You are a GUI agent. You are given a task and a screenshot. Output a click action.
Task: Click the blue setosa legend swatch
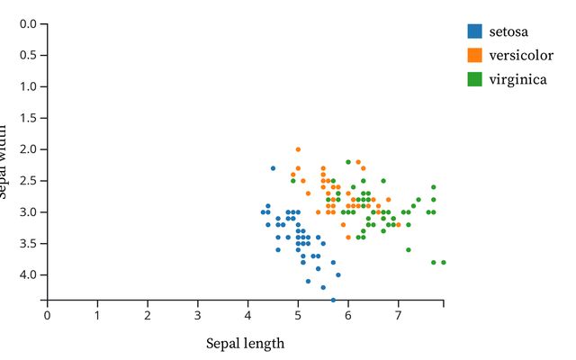click(474, 31)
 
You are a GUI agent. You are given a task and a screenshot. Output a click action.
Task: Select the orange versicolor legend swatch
click(474, 55)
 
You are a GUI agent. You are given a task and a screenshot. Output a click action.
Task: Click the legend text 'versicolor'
click(521, 55)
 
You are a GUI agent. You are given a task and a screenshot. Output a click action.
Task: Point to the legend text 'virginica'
click(517, 79)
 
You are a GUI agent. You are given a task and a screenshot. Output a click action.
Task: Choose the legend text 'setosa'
click(508, 31)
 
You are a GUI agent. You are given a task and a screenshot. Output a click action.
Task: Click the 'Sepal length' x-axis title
click(245, 343)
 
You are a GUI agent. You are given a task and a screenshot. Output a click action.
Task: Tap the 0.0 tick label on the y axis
click(27, 23)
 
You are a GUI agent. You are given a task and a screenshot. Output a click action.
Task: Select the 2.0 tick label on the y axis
click(27, 148)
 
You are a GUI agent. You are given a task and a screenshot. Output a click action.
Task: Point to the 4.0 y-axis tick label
click(27, 274)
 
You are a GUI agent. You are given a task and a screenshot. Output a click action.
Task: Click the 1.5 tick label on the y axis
click(27, 118)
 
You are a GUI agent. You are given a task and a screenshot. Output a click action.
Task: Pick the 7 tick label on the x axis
click(398, 315)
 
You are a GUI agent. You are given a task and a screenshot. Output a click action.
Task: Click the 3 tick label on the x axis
click(198, 315)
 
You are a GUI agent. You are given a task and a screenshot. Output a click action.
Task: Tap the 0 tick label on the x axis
click(47, 315)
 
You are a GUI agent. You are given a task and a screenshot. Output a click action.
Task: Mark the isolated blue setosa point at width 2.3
click(273, 168)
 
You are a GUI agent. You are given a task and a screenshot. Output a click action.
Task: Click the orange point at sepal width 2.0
click(298, 149)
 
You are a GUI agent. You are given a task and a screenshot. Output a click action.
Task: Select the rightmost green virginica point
click(443, 262)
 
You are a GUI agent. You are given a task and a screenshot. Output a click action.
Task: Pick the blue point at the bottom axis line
click(333, 300)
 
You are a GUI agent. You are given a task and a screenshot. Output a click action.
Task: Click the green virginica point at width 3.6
click(408, 249)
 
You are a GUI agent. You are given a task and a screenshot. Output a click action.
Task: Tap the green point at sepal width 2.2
click(348, 162)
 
